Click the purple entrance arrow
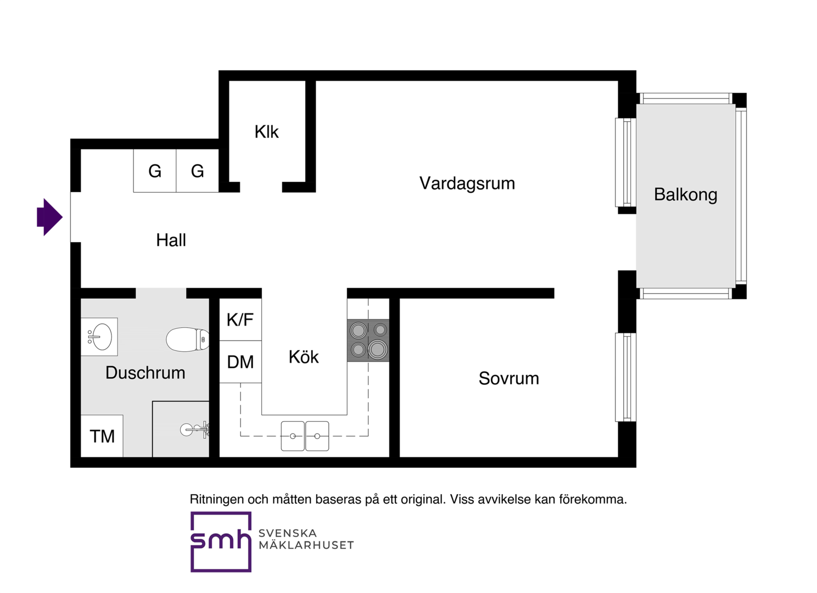pos(49,217)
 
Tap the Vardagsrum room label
pos(467,183)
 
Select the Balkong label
pos(685,194)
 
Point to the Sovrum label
pos(509,378)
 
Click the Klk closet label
pos(267,132)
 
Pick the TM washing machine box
pos(102,436)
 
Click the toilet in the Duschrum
pos(187,339)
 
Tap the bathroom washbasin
pos(99,337)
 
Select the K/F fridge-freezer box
pos(240,320)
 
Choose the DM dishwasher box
pos(240,362)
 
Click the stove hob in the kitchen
pos(368,340)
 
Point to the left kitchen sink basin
pos(293,436)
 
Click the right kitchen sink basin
pos(317,436)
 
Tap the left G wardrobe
pos(155,171)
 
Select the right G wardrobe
pos(198,171)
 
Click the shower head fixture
pos(195,429)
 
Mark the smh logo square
pos(221,542)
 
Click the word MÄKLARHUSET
pos(306,545)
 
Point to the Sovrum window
pos(626,377)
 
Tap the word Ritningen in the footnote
pos(217,499)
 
